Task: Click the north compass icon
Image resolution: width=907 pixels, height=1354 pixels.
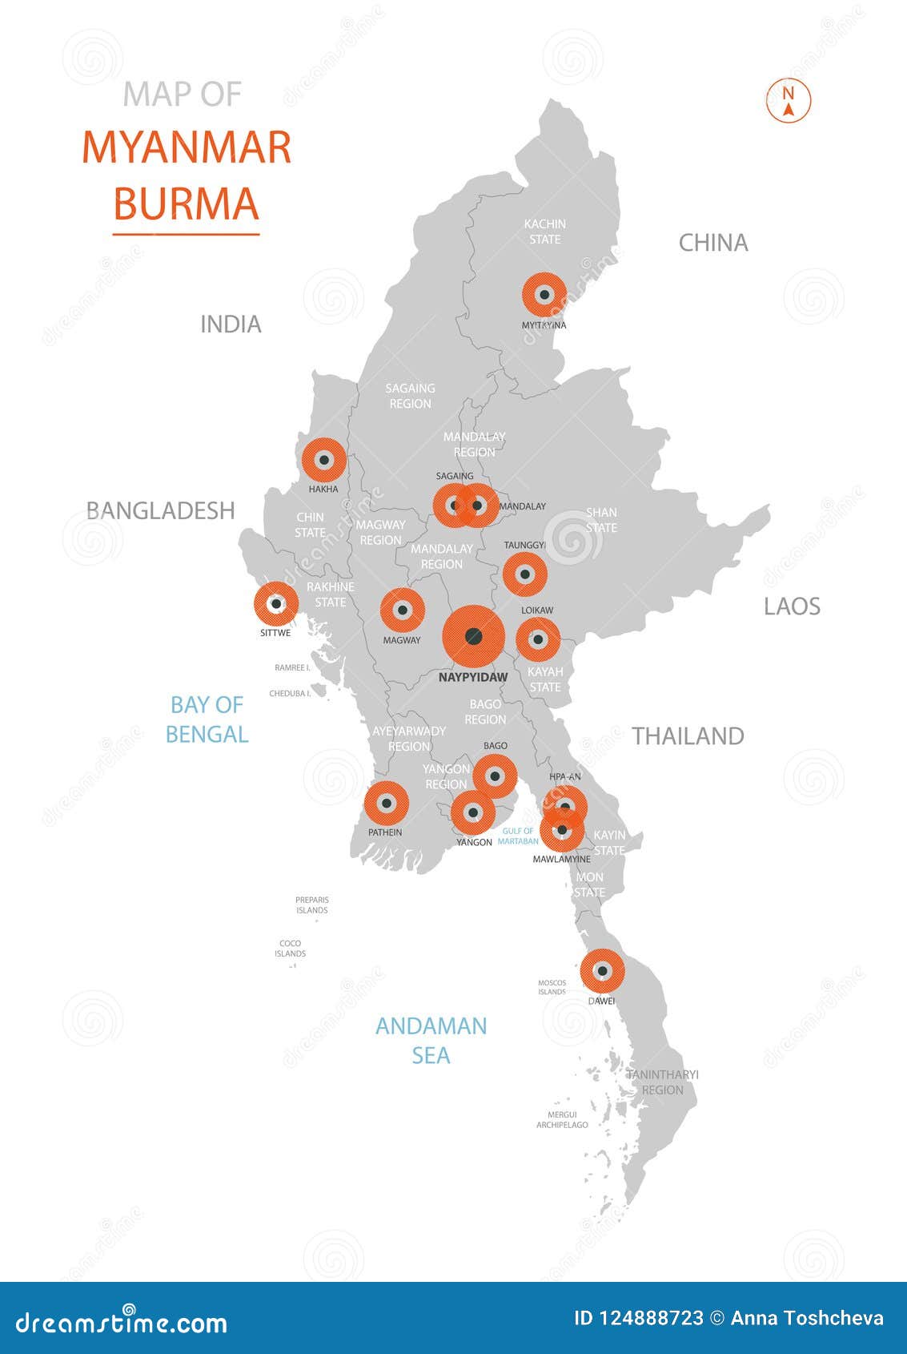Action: point(789,101)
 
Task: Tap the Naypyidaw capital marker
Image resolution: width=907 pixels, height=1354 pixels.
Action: point(473,637)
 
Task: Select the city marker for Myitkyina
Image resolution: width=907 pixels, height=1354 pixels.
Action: point(544,295)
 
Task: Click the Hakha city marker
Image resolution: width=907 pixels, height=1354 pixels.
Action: point(324,460)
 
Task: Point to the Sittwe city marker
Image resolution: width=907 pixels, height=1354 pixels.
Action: point(276,604)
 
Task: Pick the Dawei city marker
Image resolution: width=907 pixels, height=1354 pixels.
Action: point(602,971)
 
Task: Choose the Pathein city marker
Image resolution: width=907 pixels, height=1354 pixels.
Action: point(387,803)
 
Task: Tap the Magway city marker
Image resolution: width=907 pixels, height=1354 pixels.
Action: point(402,611)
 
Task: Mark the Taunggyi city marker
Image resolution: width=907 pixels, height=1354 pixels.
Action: point(524,574)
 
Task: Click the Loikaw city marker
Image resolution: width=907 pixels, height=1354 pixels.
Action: point(538,639)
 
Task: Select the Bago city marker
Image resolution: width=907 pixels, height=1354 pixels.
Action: point(495,776)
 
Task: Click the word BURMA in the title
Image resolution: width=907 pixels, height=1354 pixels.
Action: point(186,204)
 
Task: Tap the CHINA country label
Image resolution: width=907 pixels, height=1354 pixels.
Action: point(713,243)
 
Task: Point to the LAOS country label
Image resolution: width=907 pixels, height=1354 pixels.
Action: point(792,606)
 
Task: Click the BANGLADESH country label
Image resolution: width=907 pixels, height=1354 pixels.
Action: point(160,510)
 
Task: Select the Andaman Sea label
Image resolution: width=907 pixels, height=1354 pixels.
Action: point(431,1041)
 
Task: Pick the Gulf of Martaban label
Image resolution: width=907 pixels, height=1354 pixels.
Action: point(518,836)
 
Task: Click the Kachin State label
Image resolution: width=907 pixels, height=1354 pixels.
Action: point(544,232)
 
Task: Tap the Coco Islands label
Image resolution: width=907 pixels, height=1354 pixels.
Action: point(290,949)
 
